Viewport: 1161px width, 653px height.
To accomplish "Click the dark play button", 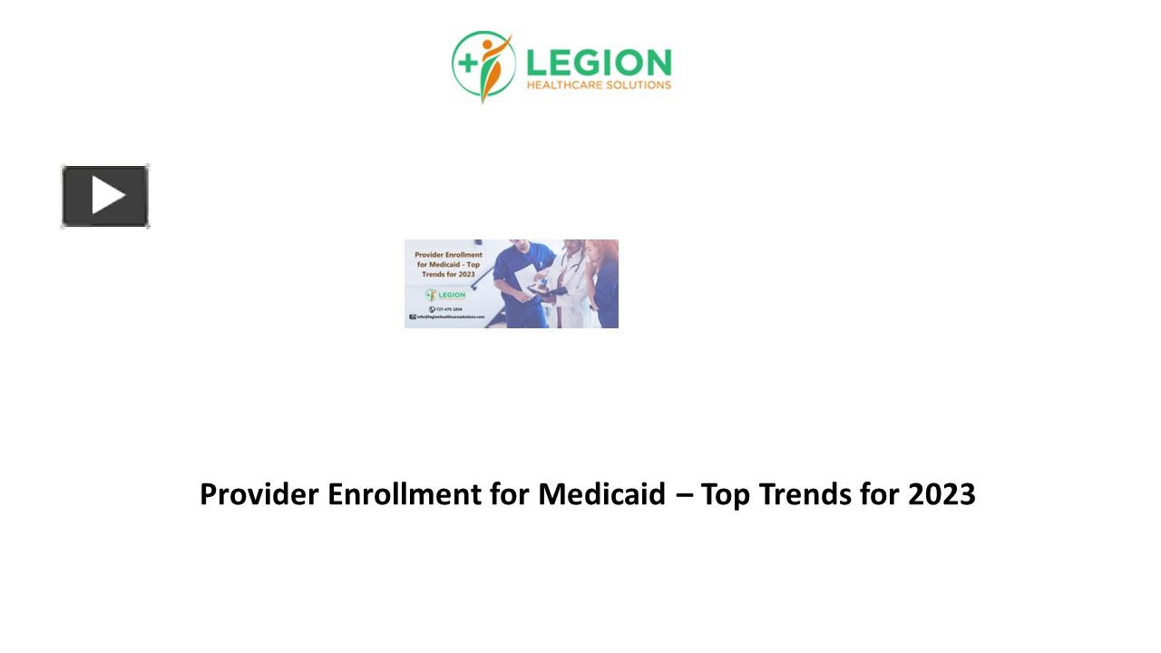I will [x=105, y=196].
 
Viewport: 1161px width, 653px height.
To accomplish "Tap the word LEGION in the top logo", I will [x=599, y=63].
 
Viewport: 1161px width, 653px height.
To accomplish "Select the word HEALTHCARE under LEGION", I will [x=567, y=86].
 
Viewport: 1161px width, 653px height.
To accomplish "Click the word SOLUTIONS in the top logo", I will [x=640, y=86].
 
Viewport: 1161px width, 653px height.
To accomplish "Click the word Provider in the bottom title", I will [x=259, y=494].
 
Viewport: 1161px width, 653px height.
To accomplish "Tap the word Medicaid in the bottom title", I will [x=601, y=494].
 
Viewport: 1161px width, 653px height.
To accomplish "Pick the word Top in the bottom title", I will [x=726, y=494].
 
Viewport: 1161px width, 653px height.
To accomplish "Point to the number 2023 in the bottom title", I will [x=941, y=494].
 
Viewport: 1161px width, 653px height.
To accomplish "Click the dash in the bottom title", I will [x=683, y=495].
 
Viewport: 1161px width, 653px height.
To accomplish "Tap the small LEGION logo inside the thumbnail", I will [x=446, y=295].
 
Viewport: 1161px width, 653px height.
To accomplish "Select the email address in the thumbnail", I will [x=449, y=317].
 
